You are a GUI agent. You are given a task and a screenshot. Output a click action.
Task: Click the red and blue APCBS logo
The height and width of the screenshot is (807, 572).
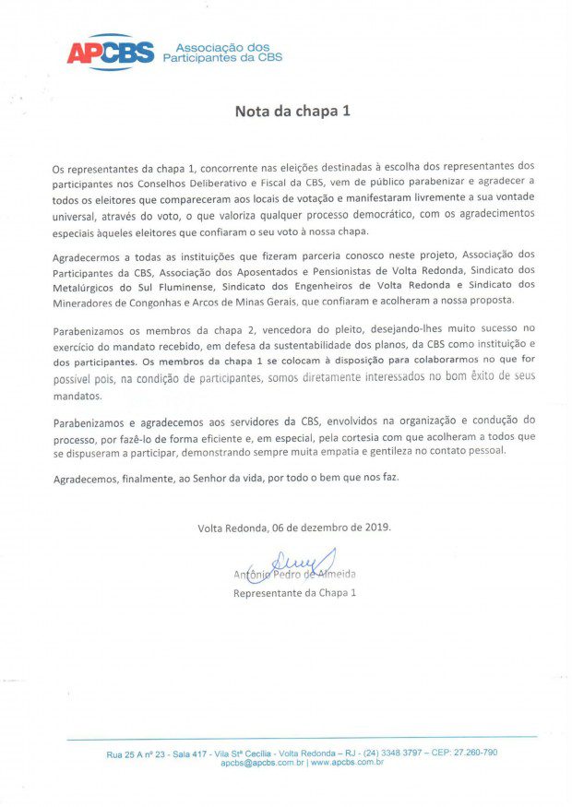coord(110,53)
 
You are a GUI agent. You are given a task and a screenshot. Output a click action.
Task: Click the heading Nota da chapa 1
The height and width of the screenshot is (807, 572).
coord(292,112)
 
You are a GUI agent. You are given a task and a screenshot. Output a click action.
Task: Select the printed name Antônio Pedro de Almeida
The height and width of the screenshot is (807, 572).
coord(295,575)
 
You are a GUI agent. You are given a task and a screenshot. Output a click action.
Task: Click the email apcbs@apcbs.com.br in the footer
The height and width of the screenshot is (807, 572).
coord(262,763)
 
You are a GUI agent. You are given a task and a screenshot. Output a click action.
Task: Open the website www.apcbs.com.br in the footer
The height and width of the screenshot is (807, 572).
coord(347,763)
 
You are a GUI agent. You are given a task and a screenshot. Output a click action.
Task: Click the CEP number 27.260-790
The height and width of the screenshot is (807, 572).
coord(472,753)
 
